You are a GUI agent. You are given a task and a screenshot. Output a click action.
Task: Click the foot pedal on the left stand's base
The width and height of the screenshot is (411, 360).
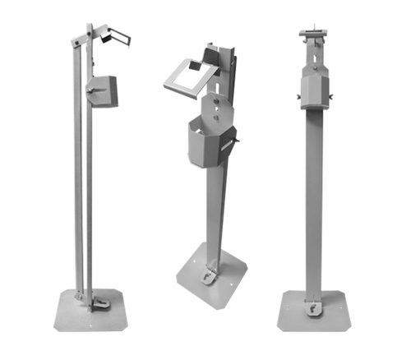point(99,303)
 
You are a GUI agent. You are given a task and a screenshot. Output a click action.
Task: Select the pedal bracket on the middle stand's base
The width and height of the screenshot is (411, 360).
point(210,276)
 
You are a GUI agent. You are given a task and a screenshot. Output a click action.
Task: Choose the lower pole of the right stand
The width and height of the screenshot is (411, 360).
point(314,205)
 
